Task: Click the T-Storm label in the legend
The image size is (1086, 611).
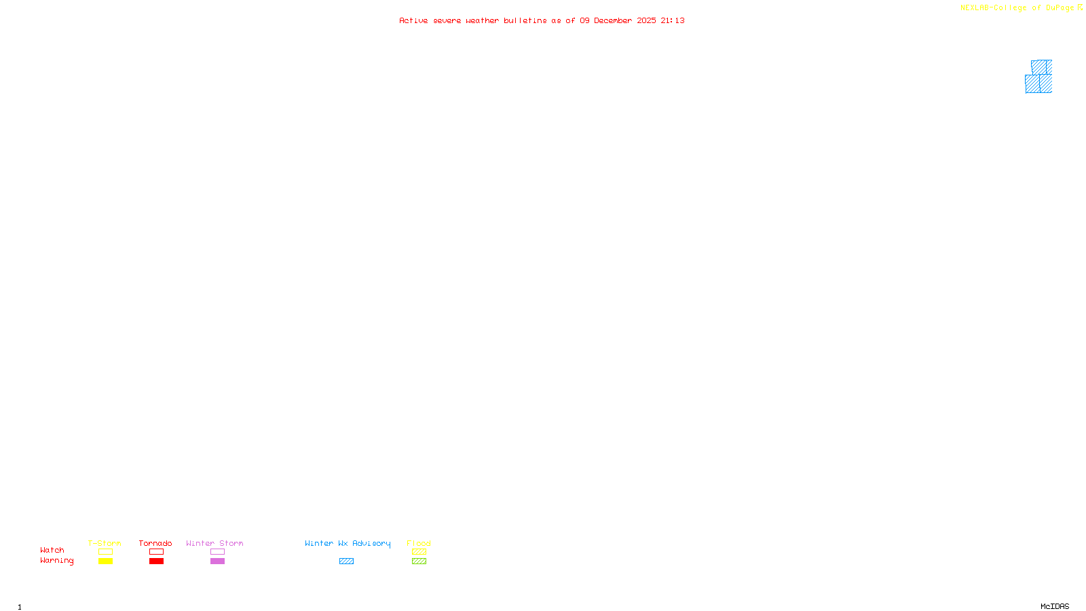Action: [x=105, y=543]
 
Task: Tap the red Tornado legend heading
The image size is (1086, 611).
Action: [x=155, y=543]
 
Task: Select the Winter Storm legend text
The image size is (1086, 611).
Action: [x=214, y=543]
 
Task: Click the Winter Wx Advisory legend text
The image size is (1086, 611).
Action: [x=348, y=543]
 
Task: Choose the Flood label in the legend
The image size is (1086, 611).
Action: [x=419, y=543]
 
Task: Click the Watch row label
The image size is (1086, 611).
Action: [x=52, y=550]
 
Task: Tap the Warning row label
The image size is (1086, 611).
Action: [x=57, y=561]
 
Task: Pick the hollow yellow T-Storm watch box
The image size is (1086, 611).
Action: [x=105, y=552]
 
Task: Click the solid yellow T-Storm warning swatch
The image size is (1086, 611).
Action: [x=105, y=561]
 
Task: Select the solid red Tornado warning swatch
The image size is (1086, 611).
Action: [x=156, y=561]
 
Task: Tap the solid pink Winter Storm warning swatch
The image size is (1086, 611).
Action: [x=217, y=561]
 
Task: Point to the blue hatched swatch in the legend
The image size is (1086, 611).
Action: [x=346, y=561]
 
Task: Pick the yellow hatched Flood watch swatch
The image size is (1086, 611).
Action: [x=419, y=552]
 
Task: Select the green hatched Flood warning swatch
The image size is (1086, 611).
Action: [x=419, y=561]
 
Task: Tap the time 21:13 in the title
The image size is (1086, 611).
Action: [x=673, y=20]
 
